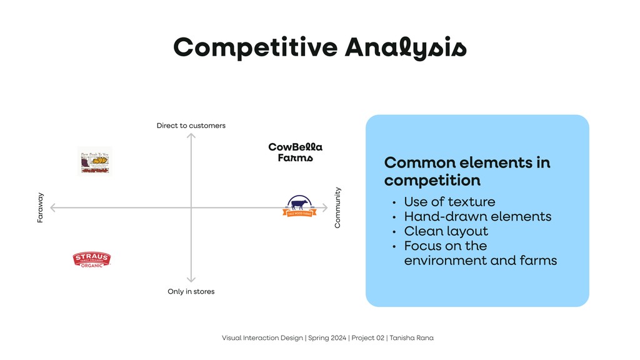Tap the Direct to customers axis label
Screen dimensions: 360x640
(x=191, y=126)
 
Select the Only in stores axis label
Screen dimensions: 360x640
(x=191, y=291)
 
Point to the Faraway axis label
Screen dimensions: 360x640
(x=41, y=208)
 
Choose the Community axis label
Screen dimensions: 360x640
(x=337, y=207)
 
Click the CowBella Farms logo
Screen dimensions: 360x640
(x=295, y=152)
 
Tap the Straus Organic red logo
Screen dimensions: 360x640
(x=92, y=259)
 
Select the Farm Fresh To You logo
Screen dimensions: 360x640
(x=94, y=161)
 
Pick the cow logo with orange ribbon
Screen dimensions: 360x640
(x=299, y=206)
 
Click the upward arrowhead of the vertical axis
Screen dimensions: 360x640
(x=191, y=135)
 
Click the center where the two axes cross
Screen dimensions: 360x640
(x=191, y=207)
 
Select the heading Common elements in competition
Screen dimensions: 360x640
(x=467, y=171)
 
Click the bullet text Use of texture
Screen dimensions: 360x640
(x=449, y=202)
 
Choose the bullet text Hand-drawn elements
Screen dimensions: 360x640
(x=477, y=216)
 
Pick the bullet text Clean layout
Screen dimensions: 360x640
(x=446, y=231)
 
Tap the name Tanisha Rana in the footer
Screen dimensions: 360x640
(x=412, y=338)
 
